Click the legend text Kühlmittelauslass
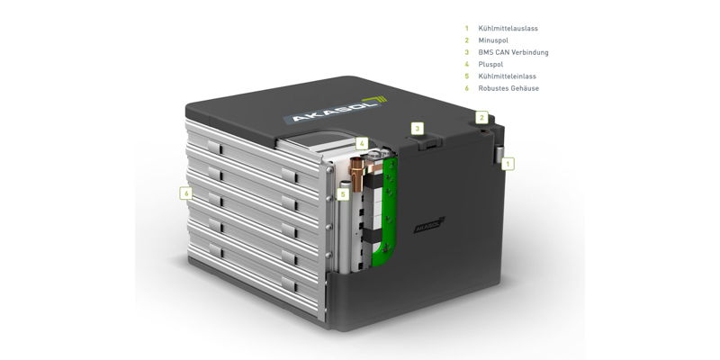point(508,29)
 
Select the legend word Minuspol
point(493,40)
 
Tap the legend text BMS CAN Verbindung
point(513,52)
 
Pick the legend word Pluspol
point(490,64)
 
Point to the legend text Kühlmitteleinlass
point(507,76)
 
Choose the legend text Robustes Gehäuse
point(508,88)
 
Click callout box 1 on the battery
point(508,164)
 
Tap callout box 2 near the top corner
point(481,118)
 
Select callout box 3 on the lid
point(417,129)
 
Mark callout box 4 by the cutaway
point(362,144)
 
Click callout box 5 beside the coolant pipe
point(343,194)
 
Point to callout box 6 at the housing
point(186,193)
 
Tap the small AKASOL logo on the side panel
point(429,225)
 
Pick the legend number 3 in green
point(466,52)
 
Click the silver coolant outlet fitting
point(498,154)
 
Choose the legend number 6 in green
point(466,88)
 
